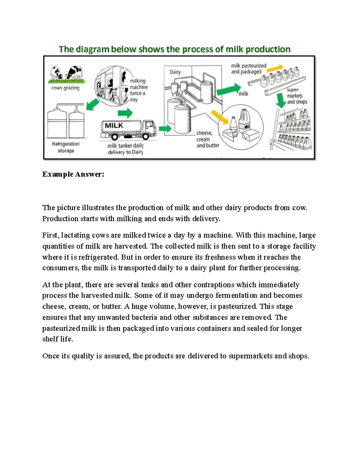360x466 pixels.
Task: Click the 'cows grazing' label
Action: tap(65, 88)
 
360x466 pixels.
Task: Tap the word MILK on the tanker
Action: tap(114, 125)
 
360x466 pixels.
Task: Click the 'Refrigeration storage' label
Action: tap(66, 147)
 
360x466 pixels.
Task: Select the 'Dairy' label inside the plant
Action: tap(175, 72)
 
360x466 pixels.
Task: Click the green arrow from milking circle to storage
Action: tap(93, 105)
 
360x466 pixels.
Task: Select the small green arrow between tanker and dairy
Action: tap(165, 129)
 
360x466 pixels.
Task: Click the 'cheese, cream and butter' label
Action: tap(207, 139)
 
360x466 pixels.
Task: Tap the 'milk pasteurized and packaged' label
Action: tap(248, 69)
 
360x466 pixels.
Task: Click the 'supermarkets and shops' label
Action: tap(296, 96)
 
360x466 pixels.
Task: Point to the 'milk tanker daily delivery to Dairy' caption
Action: tap(125, 149)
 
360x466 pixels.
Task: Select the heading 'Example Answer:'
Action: tap(73, 174)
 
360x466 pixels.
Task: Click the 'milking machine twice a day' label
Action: tap(139, 90)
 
